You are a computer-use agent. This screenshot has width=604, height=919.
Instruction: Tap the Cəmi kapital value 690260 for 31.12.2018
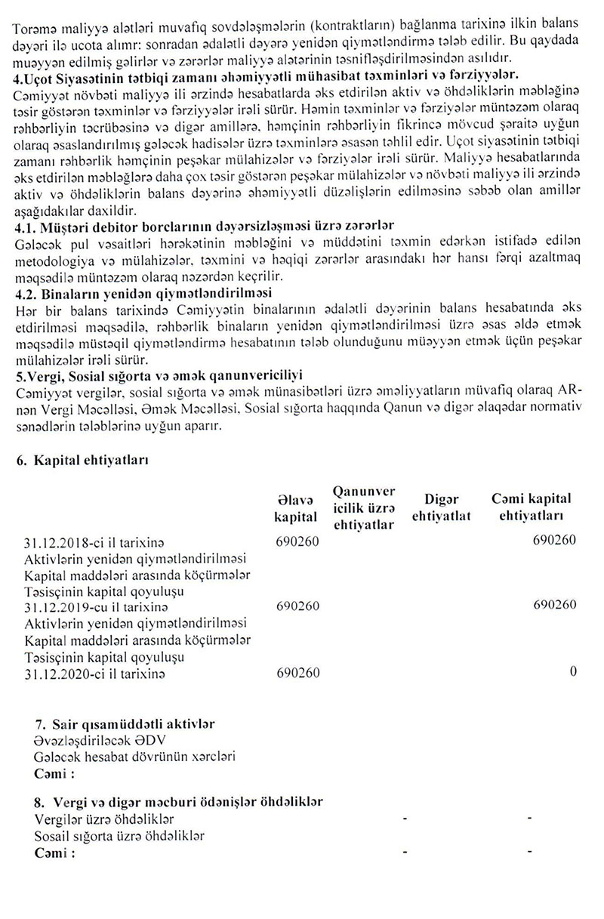click(553, 541)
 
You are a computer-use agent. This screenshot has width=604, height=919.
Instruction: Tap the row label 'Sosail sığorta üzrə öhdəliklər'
click(119, 836)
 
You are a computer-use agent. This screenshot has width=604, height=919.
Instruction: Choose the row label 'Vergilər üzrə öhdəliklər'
click(104, 819)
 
